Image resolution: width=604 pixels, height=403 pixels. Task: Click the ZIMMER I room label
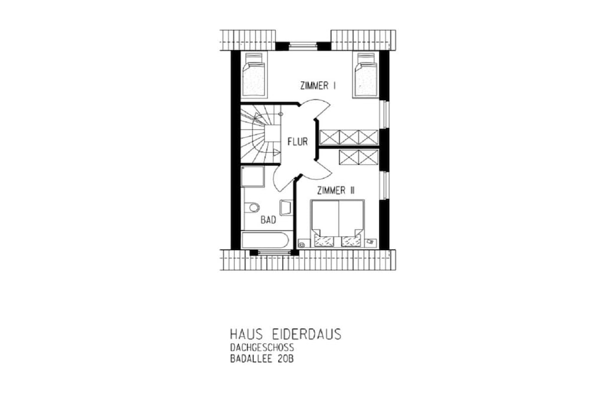(x=318, y=86)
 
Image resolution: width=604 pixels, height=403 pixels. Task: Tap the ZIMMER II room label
(x=336, y=191)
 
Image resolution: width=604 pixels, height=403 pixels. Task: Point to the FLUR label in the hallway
(x=298, y=142)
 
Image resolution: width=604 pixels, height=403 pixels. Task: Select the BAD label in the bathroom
(x=268, y=220)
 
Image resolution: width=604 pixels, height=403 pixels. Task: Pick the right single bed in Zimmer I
(x=366, y=75)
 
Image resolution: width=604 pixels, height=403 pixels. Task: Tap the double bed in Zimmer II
(x=337, y=223)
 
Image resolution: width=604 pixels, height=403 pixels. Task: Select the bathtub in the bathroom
(x=265, y=240)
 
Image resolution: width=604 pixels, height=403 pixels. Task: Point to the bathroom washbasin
(x=286, y=207)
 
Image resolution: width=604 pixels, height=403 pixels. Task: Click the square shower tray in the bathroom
(x=252, y=176)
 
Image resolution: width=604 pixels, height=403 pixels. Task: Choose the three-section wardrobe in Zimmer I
(x=349, y=137)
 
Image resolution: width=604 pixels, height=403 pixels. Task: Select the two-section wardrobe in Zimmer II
(x=359, y=157)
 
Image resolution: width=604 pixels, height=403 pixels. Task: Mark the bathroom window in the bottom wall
(x=274, y=253)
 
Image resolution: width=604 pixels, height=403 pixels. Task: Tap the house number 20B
(x=285, y=359)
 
